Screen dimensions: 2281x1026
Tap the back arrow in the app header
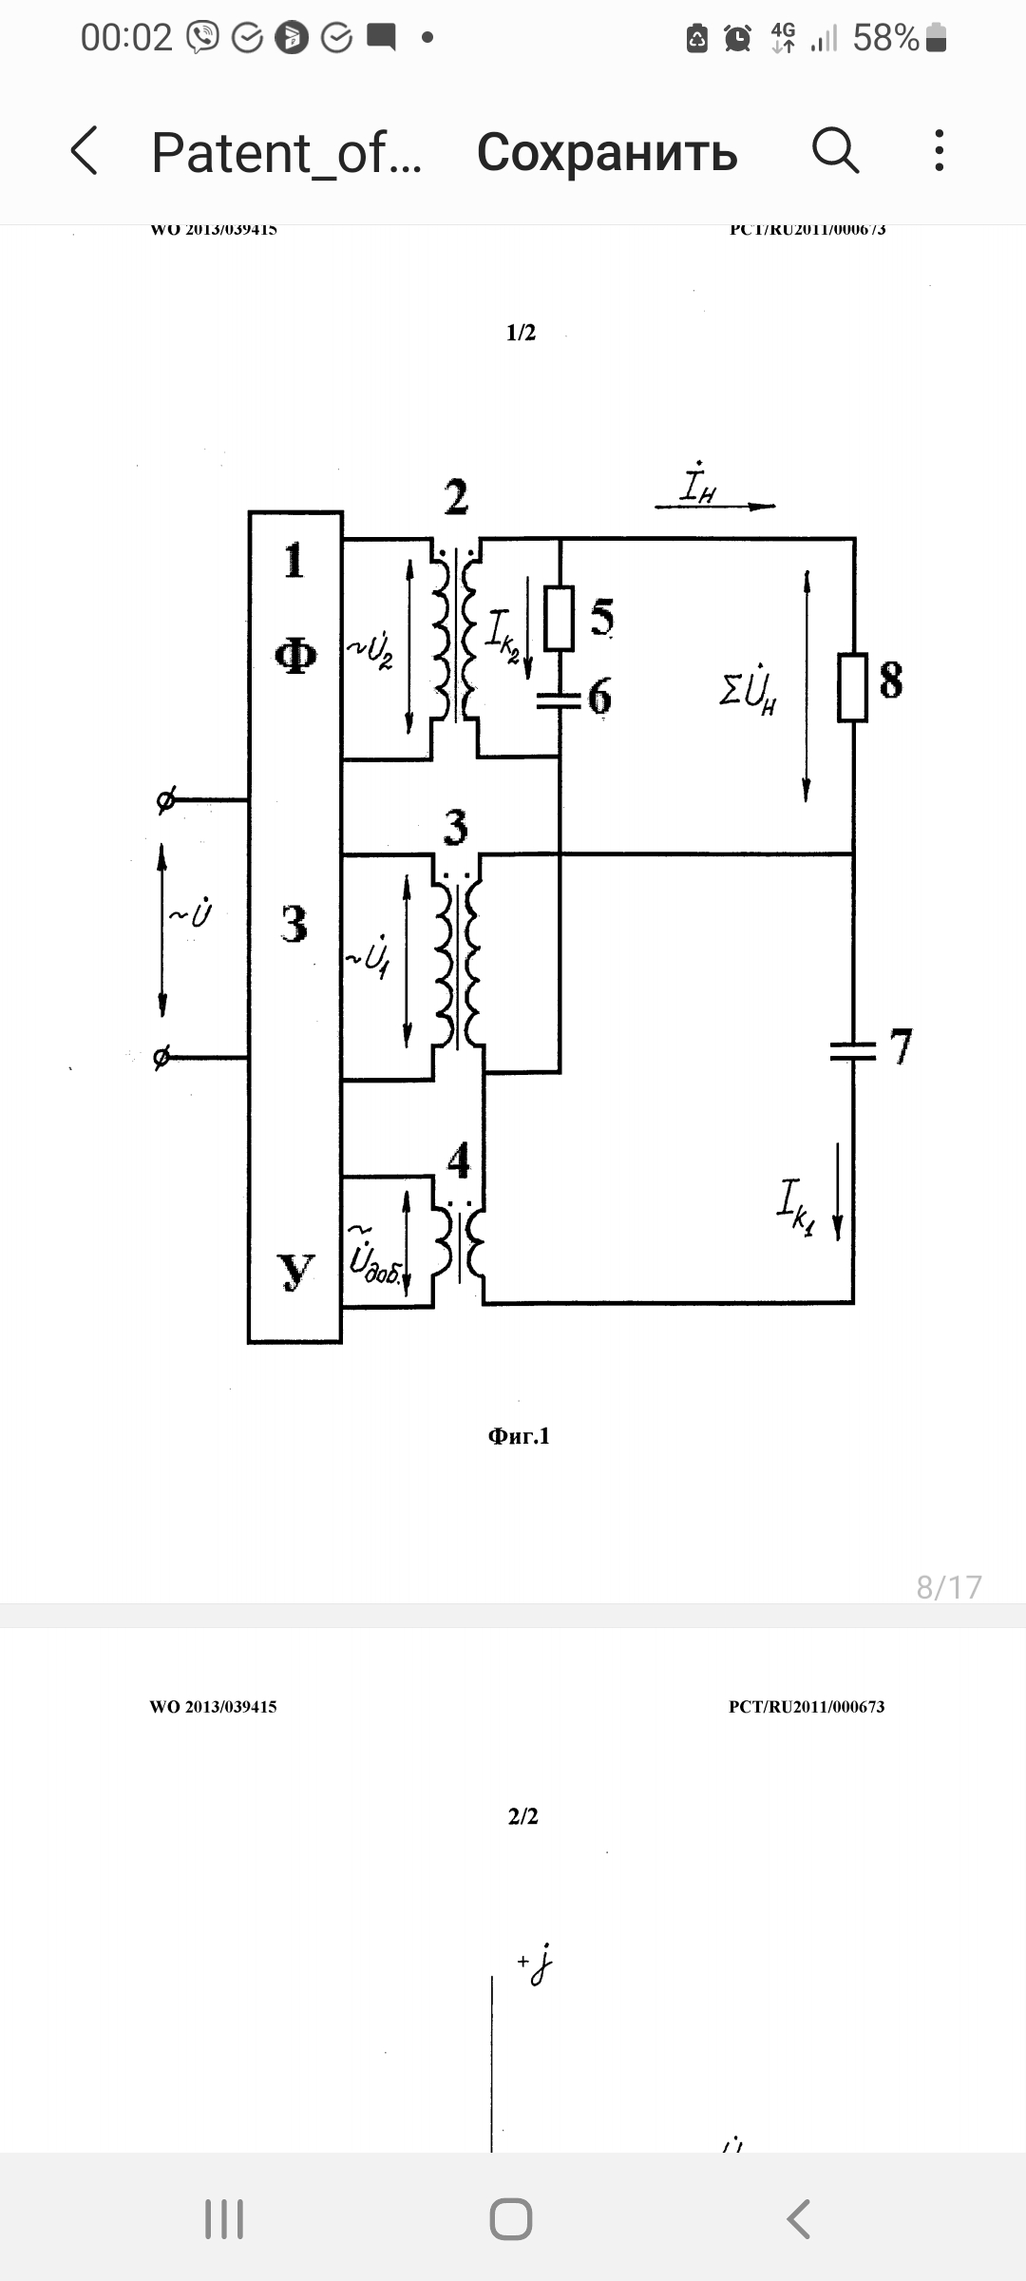click(x=85, y=152)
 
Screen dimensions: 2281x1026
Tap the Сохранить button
click(x=607, y=152)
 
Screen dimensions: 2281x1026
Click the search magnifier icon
click(x=835, y=151)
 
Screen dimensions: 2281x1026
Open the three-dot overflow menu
click(x=939, y=151)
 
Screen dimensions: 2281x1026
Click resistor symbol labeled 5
click(x=560, y=619)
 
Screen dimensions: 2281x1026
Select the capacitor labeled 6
click(x=560, y=700)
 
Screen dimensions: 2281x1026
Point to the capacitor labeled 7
click(x=853, y=1049)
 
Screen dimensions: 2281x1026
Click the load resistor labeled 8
click(x=853, y=686)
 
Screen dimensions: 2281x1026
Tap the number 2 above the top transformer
click(x=456, y=497)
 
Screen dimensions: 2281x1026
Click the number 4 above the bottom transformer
click(x=459, y=1160)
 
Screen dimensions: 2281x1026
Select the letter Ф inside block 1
click(x=295, y=656)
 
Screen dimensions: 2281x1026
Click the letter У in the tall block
click(x=295, y=1272)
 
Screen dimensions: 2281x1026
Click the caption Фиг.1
click(x=519, y=1436)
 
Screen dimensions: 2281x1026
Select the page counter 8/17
click(x=948, y=1587)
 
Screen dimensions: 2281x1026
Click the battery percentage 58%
click(x=885, y=38)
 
